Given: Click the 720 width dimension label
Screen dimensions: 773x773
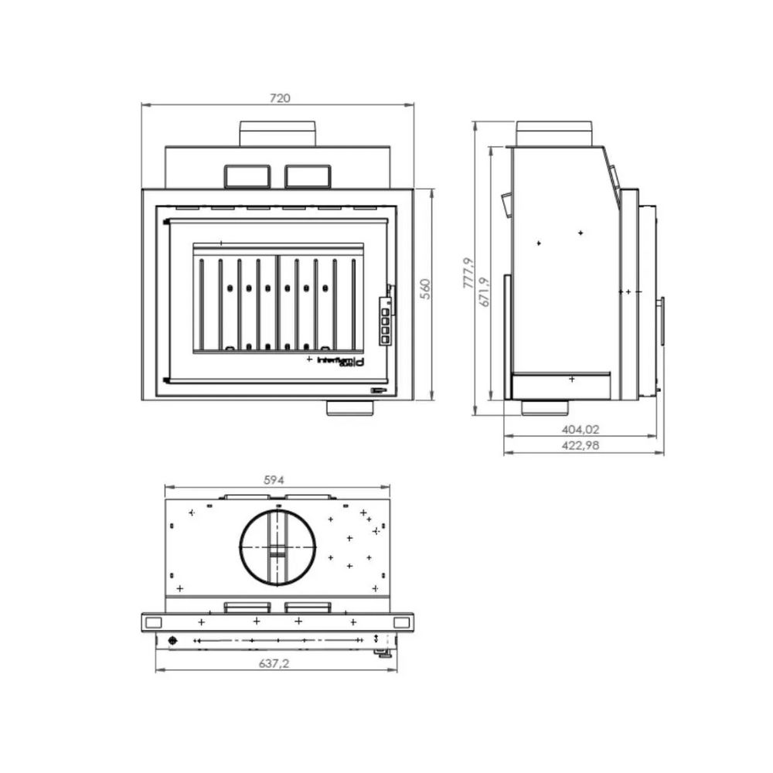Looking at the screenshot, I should pyautogui.click(x=279, y=98).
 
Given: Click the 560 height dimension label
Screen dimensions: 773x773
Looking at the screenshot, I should pyautogui.click(x=424, y=288).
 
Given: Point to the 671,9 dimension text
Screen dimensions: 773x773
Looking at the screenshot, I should pyautogui.click(x=485, y=292).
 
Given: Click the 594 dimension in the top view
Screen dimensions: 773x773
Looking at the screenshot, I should pyautogui.click(x=274, y=479).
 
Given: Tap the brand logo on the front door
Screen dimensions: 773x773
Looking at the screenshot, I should pyautogui.click(x=341, y=360).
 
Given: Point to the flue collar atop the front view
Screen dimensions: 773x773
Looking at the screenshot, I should pyautogui.click(x=278, y=133).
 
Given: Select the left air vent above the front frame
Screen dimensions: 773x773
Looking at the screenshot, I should pyautogui.click(x=247, y=176).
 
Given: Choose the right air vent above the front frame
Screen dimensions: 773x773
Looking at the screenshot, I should pyautogui.click(x=308, y=176).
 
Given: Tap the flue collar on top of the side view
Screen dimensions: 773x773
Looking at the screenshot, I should pyautogui.click(x=554, y=132).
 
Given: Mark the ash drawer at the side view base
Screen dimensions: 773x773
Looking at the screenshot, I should pyautogui.click(x=561, y=382).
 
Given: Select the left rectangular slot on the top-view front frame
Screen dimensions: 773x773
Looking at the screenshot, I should pyautogui.click(x=153, y=622).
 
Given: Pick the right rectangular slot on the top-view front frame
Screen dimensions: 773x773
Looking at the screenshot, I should pyautogui.click(x=402, y=622).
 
